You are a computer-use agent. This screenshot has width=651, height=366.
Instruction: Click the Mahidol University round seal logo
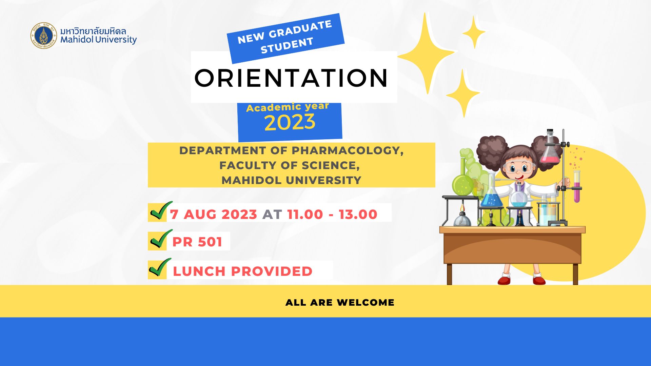44,36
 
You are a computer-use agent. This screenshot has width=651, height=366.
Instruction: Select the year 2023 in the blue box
290,122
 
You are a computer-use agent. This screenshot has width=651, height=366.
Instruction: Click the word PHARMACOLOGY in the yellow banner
348,150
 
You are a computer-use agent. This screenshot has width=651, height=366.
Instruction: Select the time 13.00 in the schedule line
358,214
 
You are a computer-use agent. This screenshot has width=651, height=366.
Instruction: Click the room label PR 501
197,242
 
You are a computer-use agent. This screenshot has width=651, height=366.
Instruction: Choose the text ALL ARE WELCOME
340,302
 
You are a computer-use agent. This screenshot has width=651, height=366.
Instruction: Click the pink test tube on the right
577,186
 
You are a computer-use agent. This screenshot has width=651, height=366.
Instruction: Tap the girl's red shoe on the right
539,280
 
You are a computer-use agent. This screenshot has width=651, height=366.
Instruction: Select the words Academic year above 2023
288,107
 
